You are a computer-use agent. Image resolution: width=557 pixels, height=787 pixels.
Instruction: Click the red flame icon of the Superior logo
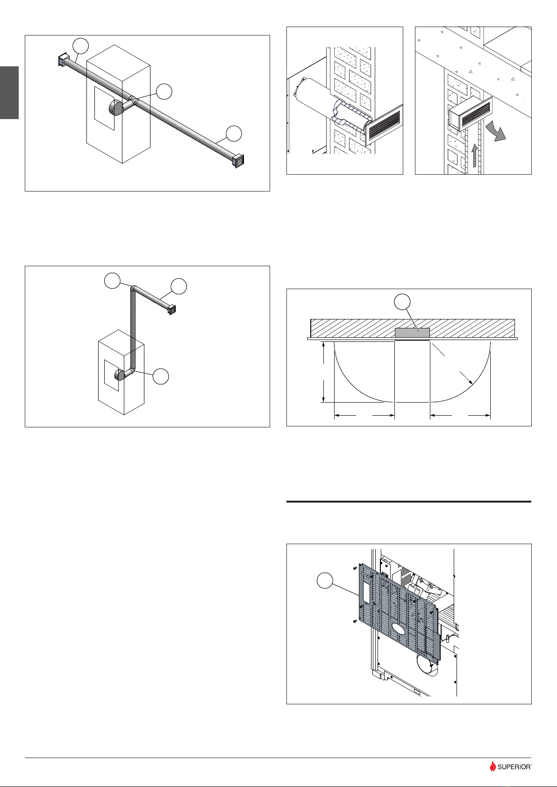(493, 766)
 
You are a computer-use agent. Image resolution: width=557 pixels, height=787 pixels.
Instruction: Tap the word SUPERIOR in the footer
(514, 767)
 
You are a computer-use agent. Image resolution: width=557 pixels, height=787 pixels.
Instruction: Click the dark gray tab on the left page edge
(9, 92)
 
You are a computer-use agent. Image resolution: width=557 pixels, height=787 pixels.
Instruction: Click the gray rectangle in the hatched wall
(412, 333)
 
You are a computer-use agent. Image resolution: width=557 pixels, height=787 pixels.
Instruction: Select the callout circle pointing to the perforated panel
(326, 582)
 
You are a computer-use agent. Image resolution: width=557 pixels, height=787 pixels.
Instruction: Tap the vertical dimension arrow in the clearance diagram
(323, 372)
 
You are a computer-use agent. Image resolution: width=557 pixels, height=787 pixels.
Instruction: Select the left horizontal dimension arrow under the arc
(364, 414)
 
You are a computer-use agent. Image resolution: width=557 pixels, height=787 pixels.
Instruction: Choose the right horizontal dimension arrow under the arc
(460, 414)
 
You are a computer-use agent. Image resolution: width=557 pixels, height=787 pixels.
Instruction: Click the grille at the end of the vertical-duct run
(171, 309)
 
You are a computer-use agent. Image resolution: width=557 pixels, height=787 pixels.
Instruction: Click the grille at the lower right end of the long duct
(238, 161)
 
